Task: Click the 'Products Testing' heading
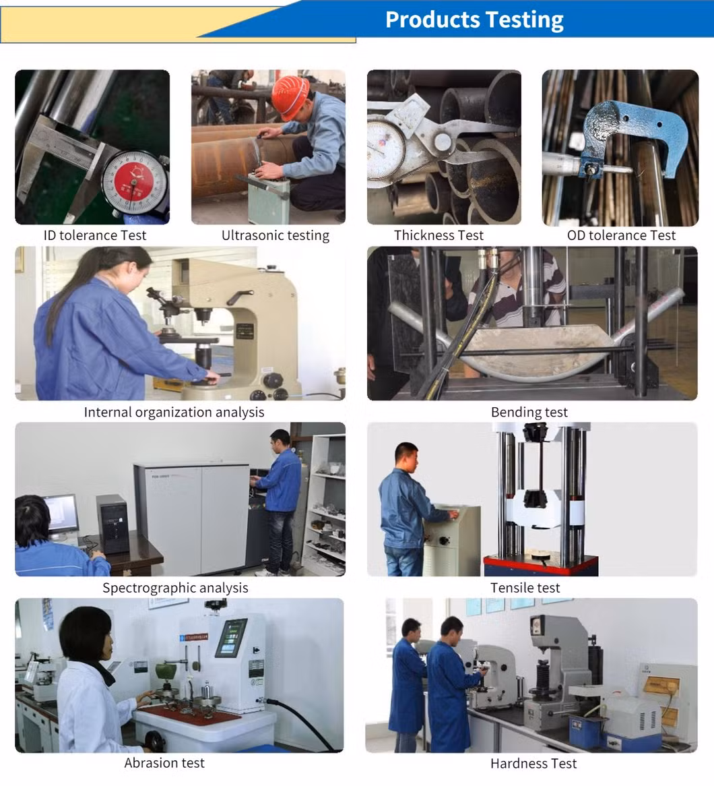click(474, 20)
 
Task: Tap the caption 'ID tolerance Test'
click(95, 235)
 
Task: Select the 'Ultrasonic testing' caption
click(275, 235)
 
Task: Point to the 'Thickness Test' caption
click(439, 235)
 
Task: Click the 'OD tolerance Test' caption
click(621, 235)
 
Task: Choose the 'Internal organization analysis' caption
click(174, 412)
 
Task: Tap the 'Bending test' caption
click(529, 412)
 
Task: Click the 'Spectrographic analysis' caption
click(175, 588)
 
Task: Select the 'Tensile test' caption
click(525, 588)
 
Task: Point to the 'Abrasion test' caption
click(164, 763)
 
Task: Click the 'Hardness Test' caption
click(533, 764)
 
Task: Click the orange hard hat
click(290, 97)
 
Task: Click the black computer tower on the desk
click(112, 524)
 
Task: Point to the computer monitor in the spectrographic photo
click(61, 513)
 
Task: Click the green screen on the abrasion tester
click(231, 638)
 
